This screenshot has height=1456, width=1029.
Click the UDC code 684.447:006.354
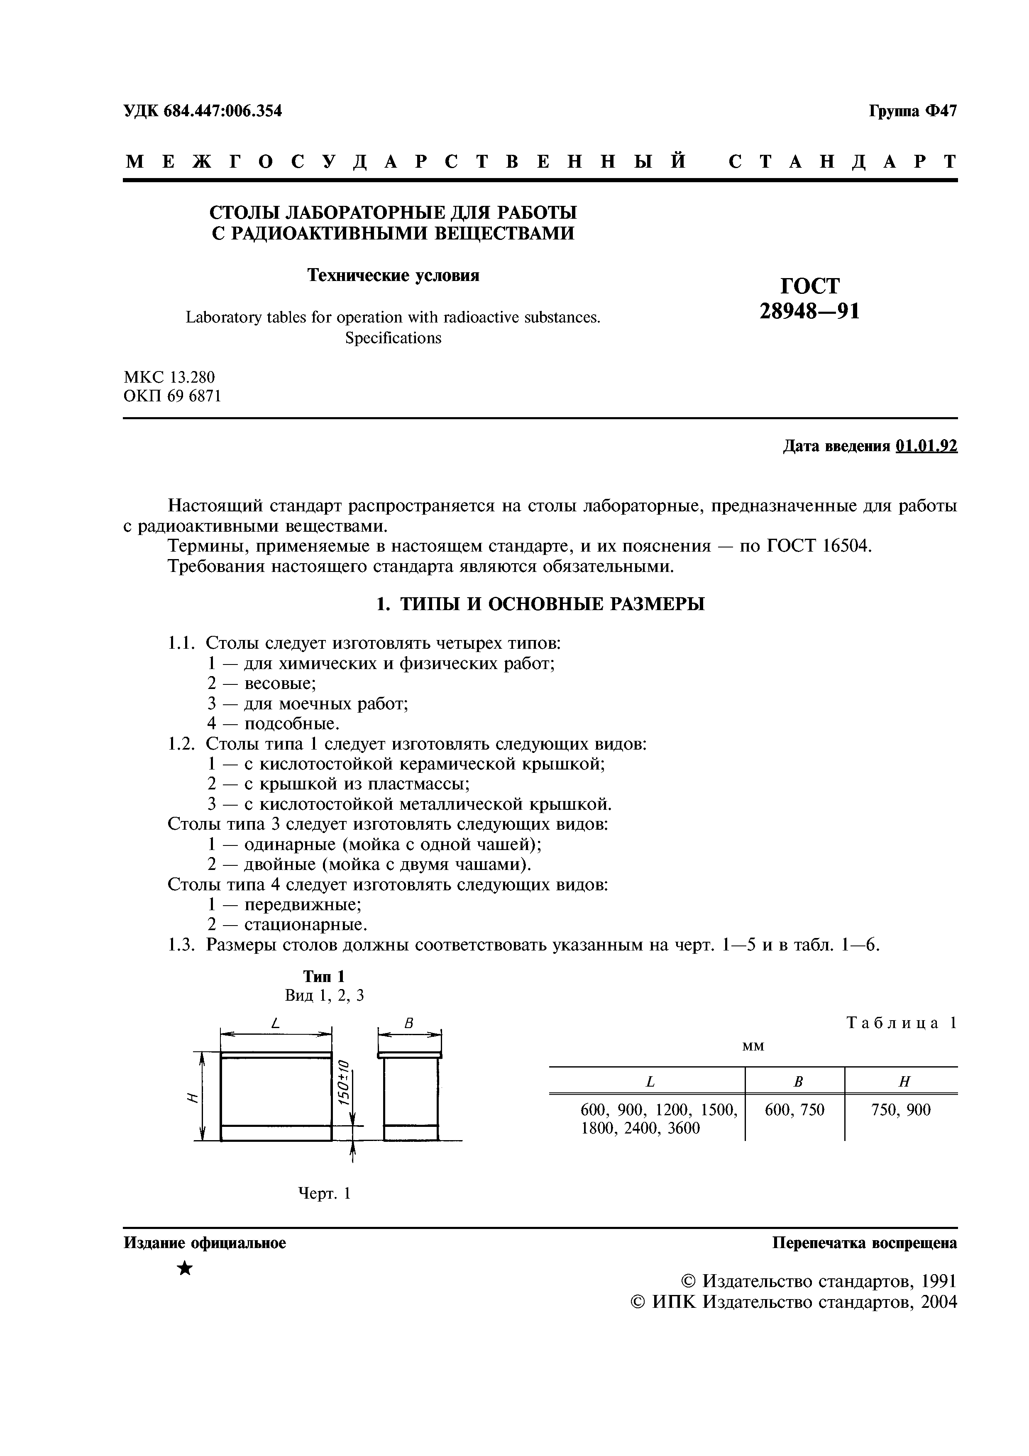pos(222,111)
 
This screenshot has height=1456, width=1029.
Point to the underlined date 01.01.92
pos(926,447)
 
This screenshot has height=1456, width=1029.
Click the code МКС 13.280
pos(169,377)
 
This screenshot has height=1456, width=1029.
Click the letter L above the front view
pos(275,1023)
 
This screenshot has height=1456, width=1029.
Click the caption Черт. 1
pos(324,1193)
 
